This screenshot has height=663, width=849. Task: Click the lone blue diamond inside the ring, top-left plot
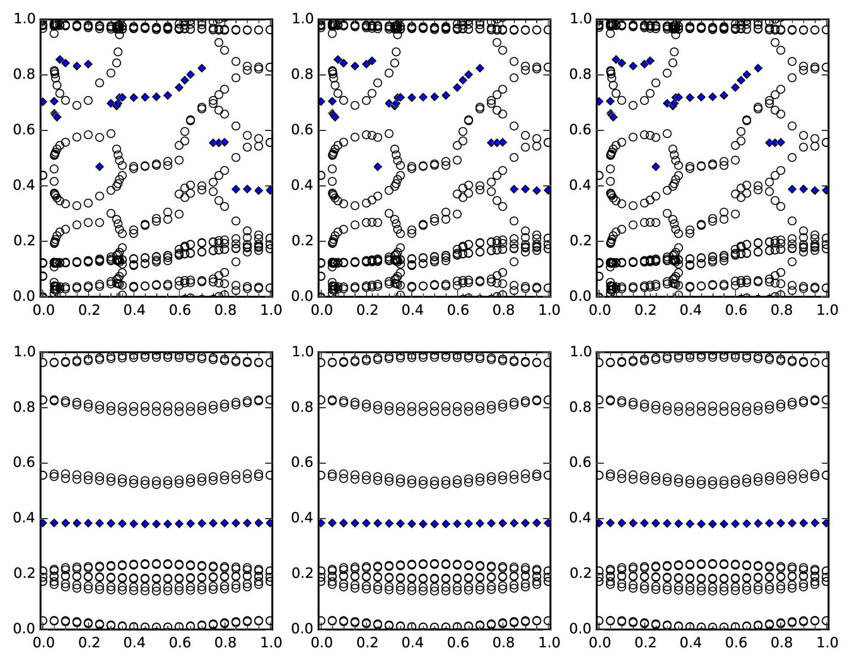100,166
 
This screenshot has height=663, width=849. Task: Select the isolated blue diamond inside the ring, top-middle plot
377,166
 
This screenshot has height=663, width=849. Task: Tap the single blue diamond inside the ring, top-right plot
656,166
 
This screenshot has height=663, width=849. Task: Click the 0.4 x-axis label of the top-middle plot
411,310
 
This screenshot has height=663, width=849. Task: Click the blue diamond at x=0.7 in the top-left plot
202,68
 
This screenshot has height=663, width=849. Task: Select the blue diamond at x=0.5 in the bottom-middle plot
434,524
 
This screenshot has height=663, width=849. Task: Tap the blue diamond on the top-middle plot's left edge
321,101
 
